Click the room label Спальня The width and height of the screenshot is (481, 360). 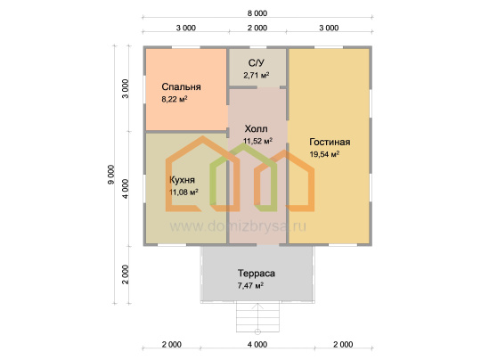coord(182,87)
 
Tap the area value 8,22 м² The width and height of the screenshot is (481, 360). coord(175,99)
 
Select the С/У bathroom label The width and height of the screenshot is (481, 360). coord(257,63)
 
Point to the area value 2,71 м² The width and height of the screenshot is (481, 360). coord(257,75)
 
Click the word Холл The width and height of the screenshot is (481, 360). coord(257,128)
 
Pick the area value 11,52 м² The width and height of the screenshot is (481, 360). coord(257,141)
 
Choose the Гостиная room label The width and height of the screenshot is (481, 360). coord(330,142)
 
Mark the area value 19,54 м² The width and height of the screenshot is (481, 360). coord(324,154)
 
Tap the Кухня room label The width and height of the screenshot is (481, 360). coord(182,179)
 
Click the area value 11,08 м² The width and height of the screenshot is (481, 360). coord(183,192)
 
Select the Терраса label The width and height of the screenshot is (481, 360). coord(257,274)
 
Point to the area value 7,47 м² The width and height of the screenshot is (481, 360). coord(250,286)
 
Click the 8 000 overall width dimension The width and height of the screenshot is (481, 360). coord(257,13)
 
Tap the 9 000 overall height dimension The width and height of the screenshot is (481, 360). coord(110,175)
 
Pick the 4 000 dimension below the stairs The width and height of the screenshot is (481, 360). coord(257,344)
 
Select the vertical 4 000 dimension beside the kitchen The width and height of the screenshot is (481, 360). coord(126,189)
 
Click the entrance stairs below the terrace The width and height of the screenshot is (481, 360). coord(257,317)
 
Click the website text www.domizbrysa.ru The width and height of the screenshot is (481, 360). coord(238,226)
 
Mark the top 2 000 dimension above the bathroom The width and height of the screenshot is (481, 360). coord(257,28)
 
